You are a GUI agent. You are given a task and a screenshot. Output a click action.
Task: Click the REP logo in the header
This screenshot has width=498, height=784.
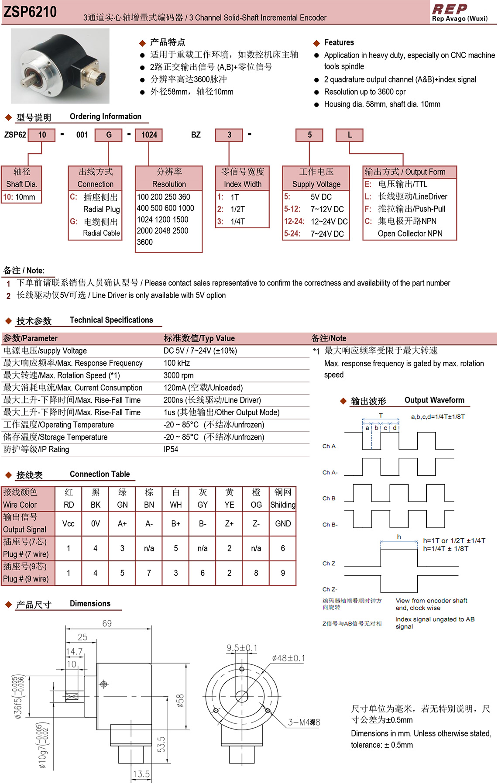[x=450, y=9]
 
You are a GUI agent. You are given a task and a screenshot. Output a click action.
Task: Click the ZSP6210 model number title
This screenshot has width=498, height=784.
[x=30, y=12]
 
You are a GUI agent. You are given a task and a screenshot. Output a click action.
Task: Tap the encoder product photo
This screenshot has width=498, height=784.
[x=60, y=66]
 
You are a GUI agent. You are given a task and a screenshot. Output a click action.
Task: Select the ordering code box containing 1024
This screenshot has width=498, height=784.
[x=149, y=135]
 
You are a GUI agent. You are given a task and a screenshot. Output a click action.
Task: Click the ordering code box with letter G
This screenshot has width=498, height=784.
[x=109, y=135]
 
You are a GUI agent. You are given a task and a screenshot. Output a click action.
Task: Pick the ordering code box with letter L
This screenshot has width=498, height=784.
[x=350, y=135]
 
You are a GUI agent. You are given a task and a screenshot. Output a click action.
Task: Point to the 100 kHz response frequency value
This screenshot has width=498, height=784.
[x=177, y=363]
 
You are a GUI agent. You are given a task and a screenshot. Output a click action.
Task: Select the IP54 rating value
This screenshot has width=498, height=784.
[x=171, y=449]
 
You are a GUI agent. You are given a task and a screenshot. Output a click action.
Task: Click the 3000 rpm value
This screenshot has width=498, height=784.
[x=179, y=375]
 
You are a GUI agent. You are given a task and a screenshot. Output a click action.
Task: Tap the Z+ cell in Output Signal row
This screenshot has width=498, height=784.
[x=229, y=523]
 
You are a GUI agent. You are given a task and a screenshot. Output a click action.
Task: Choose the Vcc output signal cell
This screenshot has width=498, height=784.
[x=69, y=523]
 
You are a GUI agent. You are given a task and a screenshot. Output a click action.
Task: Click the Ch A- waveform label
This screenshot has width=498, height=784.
[x=330, y=472]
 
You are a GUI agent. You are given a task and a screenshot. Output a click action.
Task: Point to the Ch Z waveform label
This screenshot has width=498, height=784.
[x=329, y=564]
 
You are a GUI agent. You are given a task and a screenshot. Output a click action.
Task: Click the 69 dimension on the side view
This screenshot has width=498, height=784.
[x=107, y=623]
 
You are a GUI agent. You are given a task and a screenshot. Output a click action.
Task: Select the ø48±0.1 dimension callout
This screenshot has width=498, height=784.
[x=288, y=658]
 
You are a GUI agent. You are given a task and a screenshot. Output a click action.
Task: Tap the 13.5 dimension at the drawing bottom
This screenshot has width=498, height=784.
[x=141, y=774]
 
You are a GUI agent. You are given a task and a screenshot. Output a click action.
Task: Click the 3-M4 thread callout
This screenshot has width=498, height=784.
[x=304, y=722]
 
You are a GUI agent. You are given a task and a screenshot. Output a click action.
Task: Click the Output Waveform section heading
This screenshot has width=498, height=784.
[x=434, y=400]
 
